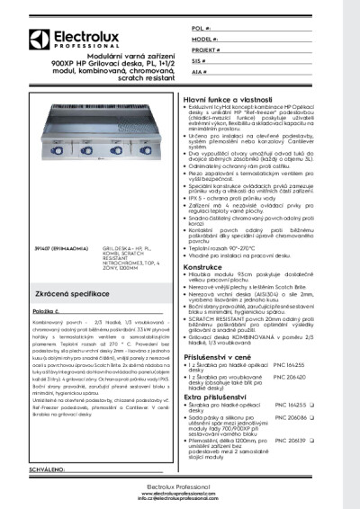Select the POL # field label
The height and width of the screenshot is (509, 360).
tap(200, 30)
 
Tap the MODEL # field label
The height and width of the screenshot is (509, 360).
tap(203, 40)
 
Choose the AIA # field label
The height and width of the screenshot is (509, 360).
tap(199, 70)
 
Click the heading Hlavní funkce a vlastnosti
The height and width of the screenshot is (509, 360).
tap(229, 95)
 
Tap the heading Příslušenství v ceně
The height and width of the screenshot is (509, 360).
tap(221, 357)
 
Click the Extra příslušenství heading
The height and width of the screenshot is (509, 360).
tap(219, 396)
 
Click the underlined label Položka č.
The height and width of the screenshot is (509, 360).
tap(48, 310)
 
